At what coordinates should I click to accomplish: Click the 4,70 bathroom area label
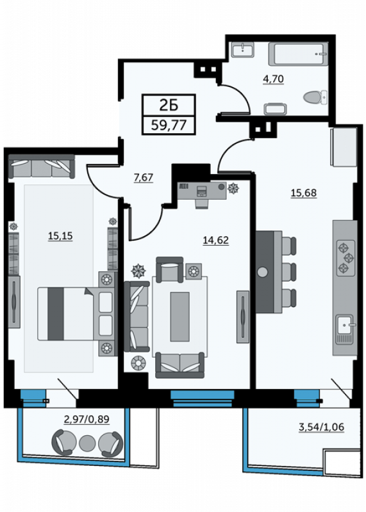[x=273, y=79]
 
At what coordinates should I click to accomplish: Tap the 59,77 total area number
[x=169, y=125]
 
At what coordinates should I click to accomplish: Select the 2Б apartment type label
[x=169, y=105]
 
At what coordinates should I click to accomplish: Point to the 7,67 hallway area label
[x=144, y=177]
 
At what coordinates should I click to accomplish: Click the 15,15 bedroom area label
[x=60, y=236]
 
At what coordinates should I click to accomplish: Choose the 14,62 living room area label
[x=216, y=241]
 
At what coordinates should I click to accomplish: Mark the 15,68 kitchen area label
[x=304, y=193]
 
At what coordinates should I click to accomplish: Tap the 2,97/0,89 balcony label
[x=87, y=419]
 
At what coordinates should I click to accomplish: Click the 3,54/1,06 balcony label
[x=322, y=427]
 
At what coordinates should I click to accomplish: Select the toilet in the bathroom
[x=315, y=97]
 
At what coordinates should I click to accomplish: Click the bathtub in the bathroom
[x=298, y=54]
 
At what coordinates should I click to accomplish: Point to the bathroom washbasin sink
[x=242, y=50]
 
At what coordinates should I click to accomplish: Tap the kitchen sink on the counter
[x=345, y=329]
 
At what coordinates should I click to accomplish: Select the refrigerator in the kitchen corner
[x=344, y=147]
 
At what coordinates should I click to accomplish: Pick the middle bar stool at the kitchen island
[x=289, y=271]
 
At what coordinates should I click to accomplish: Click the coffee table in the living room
[x=179, y=317]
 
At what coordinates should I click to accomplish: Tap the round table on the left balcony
[x=87, y=443]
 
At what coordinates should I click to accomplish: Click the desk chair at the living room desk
[x=202, y=203]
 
